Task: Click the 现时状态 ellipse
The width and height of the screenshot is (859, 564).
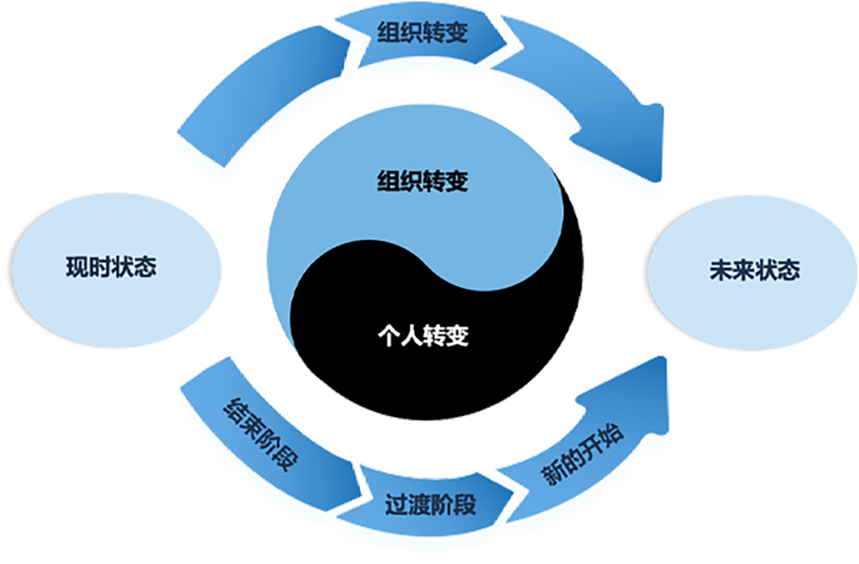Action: [110, 269]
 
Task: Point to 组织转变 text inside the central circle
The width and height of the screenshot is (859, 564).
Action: [422, 180]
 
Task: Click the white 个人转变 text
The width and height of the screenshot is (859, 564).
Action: [422, 337]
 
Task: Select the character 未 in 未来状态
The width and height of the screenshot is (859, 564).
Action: [720, 271]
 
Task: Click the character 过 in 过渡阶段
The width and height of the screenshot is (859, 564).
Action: [396, 506]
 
